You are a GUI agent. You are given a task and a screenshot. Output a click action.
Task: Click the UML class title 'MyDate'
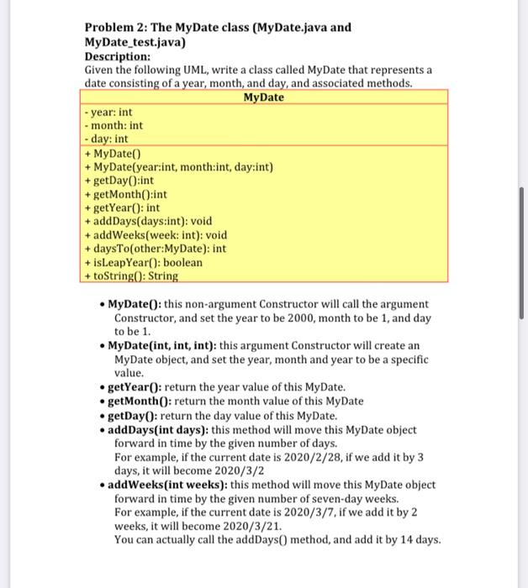[263, 97]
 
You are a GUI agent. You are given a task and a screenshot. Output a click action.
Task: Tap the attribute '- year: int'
[110, 112]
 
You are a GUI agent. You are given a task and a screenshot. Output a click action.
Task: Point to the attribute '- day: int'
[108, 139]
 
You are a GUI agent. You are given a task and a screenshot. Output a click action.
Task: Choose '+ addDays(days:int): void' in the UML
[149, 221]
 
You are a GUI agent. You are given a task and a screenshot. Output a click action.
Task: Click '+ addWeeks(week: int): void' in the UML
[156, 235]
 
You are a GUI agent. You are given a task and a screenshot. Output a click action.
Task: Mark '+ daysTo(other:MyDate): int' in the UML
[156, 249]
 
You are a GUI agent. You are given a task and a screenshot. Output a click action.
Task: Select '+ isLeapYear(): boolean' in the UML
[145, 262]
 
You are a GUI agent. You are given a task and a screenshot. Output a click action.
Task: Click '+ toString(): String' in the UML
[132, 276]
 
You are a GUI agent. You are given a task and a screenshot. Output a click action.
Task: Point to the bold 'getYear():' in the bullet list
[135, 387]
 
